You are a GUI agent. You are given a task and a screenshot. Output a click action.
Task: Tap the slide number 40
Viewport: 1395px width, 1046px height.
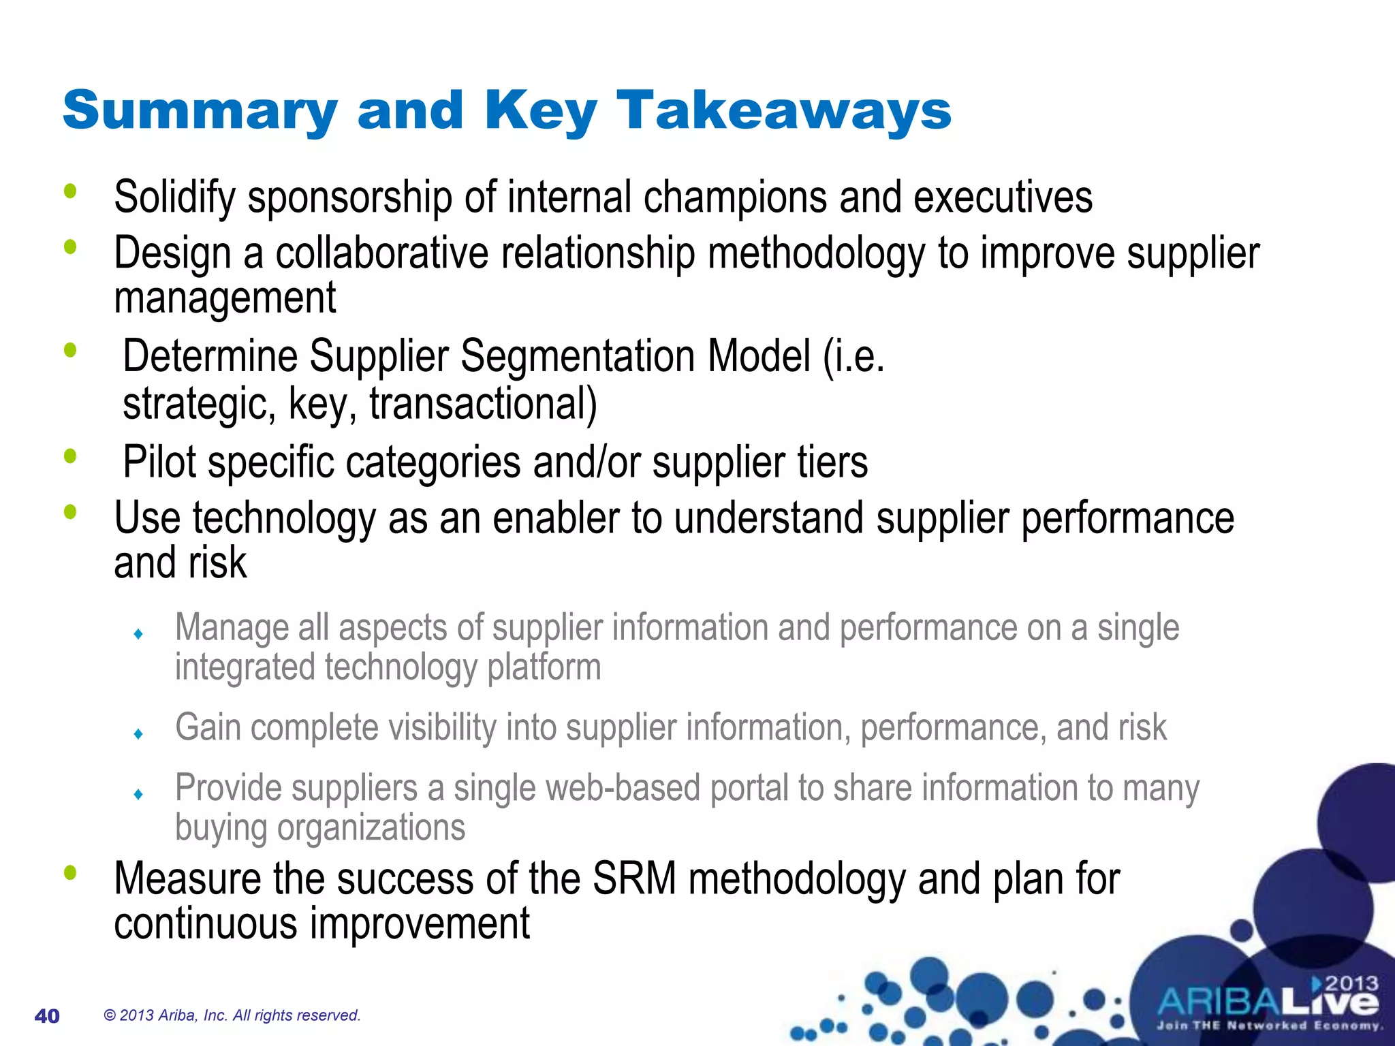pos(47,1016)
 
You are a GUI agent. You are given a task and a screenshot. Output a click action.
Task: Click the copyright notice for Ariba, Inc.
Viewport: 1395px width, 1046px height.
pos(232,1015)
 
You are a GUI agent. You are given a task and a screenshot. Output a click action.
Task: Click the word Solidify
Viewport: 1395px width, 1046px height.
pos(174,198)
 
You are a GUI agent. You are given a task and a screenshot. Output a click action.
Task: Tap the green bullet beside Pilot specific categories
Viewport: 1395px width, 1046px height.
pos(70,456)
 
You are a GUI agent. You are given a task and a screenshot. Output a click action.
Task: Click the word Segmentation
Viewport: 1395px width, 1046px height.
pos(578,356)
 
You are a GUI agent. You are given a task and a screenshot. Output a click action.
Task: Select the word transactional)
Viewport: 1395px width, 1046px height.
pos(483,404)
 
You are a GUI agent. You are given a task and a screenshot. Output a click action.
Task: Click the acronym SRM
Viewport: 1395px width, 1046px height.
pos(634,878)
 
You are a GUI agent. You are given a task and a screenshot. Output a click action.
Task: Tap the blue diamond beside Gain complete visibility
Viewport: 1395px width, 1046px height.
pos(138,734)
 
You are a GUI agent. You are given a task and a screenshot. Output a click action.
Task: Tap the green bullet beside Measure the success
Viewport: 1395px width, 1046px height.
pos(70,872)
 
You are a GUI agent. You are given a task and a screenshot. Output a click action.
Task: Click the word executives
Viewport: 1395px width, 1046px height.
pos(1003,198)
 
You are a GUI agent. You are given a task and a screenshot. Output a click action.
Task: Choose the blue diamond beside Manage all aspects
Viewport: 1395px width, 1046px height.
pos(138,634)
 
